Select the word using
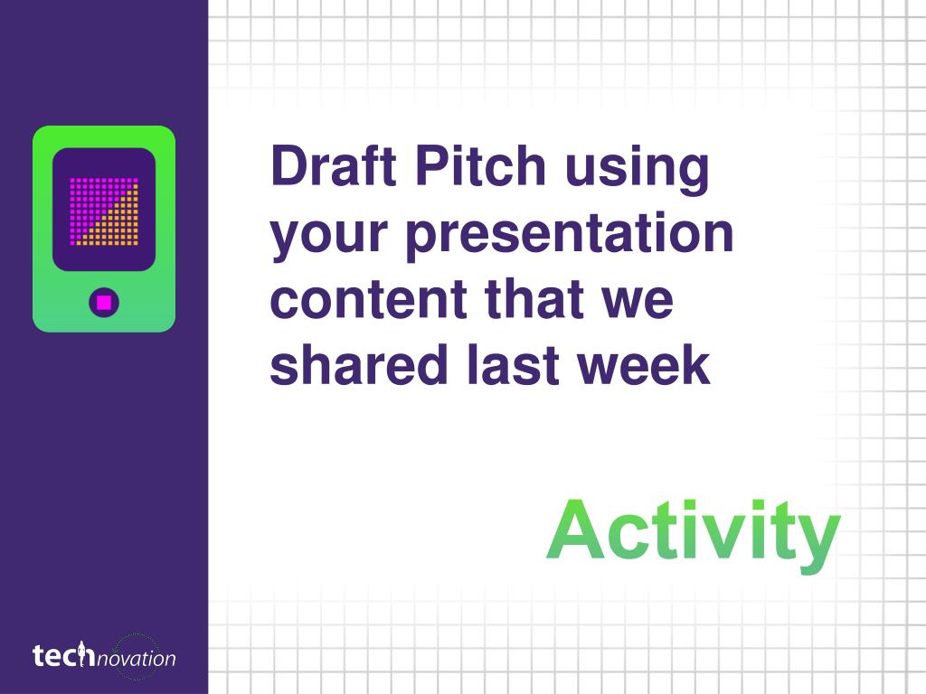pyautogui.click(x=638, y=171)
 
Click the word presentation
pyautogui.click(x=570, y=234)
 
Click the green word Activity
pyautogui.click(x=694, y=534)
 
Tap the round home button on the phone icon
pyautogui.click(x=104, y=303)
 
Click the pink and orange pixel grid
pyautogui.click(x=104, y=211)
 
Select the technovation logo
pyautogui.click(x=104, y=656)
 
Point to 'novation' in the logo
pyautogui.click(x=137, y=659)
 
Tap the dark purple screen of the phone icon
pyautogui.click(x=104, y=210)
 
